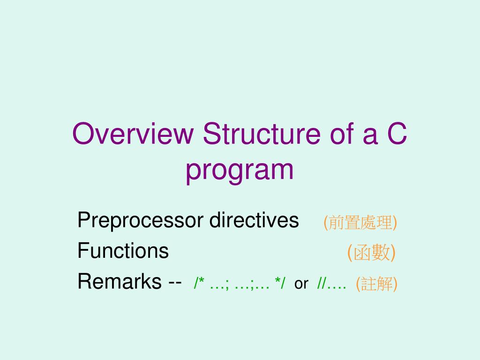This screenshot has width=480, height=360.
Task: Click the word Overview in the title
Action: coord(133,134)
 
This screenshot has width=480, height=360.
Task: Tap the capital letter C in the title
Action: coord(397,134)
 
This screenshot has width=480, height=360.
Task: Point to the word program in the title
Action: coord(240,171)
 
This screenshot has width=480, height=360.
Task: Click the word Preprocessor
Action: coord(140,220)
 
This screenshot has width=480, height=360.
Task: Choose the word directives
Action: coord(254,220)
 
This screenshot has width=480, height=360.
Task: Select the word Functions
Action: coord(123,251)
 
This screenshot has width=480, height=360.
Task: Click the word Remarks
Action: coord(119,282)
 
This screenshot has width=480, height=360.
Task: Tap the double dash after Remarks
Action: coord(175,283)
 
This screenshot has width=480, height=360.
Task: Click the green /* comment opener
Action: coord(199,284)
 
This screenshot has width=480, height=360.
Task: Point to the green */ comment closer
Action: coord(280,283)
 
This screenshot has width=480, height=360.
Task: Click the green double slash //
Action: coord(322,284)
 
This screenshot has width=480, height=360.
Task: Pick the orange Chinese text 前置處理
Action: coord(360,223)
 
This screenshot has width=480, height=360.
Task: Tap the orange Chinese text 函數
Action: coord(372,253)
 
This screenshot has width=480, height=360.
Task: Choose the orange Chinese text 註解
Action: coord(377,284)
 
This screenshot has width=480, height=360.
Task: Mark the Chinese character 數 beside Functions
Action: coord(380,253)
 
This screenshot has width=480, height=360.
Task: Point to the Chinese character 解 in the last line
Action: coord(385,284)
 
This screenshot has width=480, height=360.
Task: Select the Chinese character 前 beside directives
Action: coord(336,223)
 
